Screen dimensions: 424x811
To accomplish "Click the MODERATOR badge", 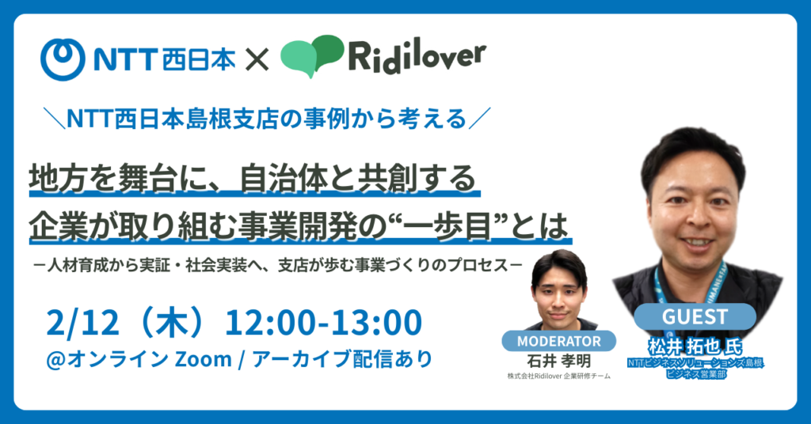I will pyautogui.click(x=559, y=341).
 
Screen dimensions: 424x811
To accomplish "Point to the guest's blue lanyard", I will pyautogui.click(x=662, y=285).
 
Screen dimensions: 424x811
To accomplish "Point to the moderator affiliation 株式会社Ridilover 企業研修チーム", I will pyautogui.click(x=559, y=377).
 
